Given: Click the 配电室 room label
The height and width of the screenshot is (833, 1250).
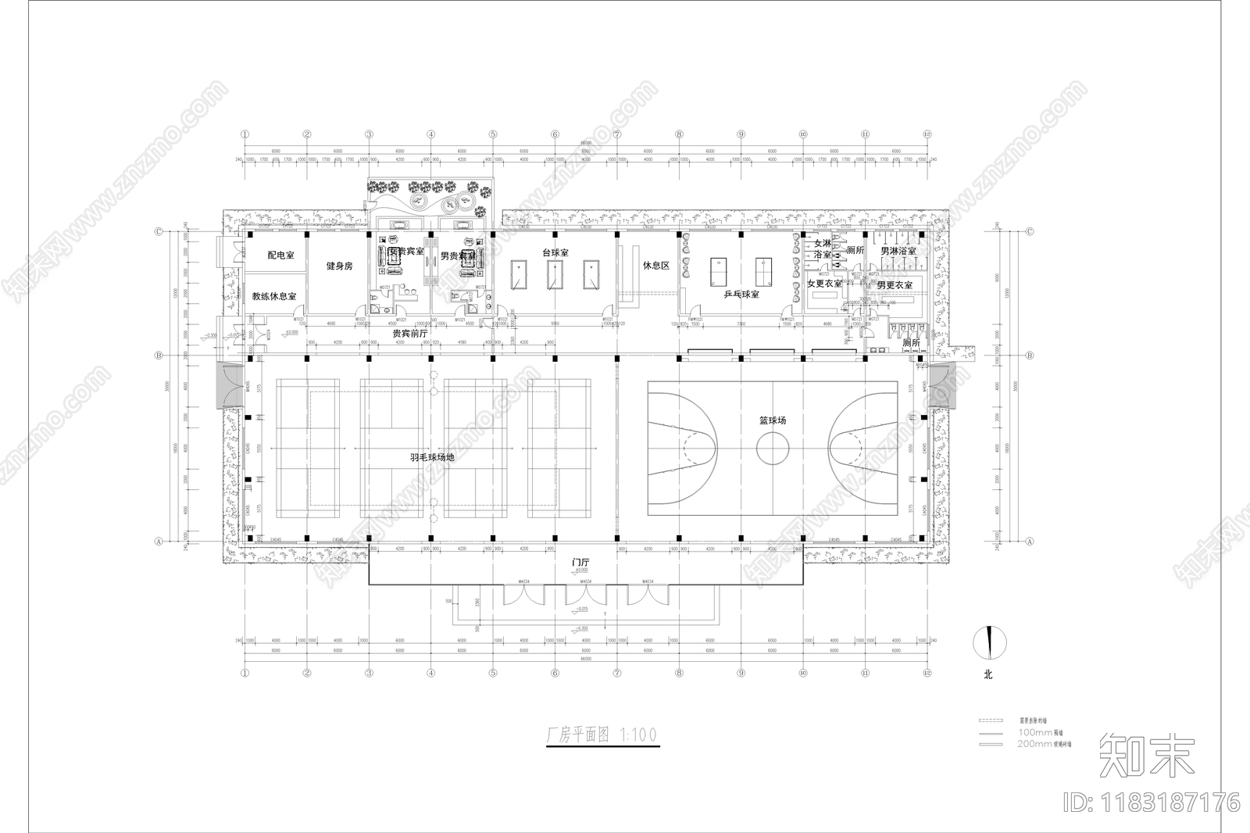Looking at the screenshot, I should point(280,256).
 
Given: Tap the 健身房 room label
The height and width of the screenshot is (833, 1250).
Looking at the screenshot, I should point(339,266).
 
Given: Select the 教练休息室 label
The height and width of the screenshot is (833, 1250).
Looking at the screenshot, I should point(273,297).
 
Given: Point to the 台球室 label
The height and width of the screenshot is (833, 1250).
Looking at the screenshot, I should point(555,253).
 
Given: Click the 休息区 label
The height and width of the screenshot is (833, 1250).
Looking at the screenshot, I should point(656,266).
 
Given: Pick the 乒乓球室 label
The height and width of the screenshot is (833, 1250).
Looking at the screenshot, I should point(741,295).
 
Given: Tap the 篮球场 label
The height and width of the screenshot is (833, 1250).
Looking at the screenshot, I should point(772,420).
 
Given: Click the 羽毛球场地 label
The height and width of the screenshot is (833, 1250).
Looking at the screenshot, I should point(432,457).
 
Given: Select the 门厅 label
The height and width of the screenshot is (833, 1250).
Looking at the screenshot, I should point(580,563).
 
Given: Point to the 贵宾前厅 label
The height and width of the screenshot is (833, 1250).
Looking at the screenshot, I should point(410,334).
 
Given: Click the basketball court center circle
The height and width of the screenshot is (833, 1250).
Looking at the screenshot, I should point(772,449).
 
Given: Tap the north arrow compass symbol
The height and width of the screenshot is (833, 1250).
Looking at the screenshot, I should point(989,642).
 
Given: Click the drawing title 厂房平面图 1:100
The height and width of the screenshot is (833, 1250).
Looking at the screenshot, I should point(601,735).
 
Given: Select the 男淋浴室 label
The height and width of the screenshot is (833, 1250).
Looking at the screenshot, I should point(898,252).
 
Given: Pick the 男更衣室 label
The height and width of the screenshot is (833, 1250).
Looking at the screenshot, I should point(894,285).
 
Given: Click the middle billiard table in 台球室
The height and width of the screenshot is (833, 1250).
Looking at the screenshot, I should point(555,275).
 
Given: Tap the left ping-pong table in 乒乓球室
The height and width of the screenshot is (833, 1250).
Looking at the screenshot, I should point(717,271).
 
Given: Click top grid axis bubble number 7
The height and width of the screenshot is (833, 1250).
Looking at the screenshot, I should point(617,134).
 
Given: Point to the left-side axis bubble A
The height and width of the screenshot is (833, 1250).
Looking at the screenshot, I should point(159,541).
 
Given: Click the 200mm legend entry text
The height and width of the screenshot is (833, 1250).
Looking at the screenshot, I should point(1044,744).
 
